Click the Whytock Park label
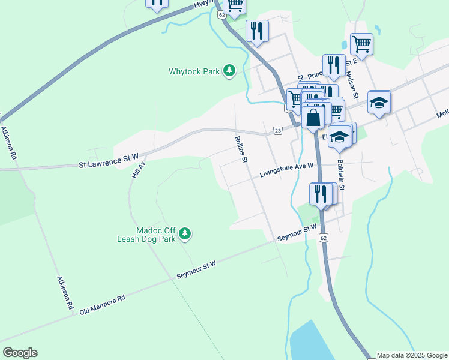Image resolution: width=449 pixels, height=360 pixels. pyautogui.click(x=194, y=71)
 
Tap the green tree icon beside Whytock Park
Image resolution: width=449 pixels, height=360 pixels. pyautogui.click(x=229, y=71)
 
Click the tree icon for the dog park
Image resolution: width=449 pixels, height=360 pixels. pyautogui.click(x=185, y=234)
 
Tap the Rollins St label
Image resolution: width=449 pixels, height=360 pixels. pyautogui.click(x=240, y=149)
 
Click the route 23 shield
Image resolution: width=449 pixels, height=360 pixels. pyautogui.click(x=277, y=130)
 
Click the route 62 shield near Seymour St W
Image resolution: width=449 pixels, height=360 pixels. pyautogui.click(x=324, y=238)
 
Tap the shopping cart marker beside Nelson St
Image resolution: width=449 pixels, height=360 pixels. pyautogui.click(x=361, y=43)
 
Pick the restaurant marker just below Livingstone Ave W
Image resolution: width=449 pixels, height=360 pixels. pyautogui.click(x=321, y=194)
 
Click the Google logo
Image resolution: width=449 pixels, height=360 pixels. pyautogui.click(x=20, y=353)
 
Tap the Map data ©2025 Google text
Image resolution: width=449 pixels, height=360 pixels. pyautogui.click(x=412, y=355)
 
